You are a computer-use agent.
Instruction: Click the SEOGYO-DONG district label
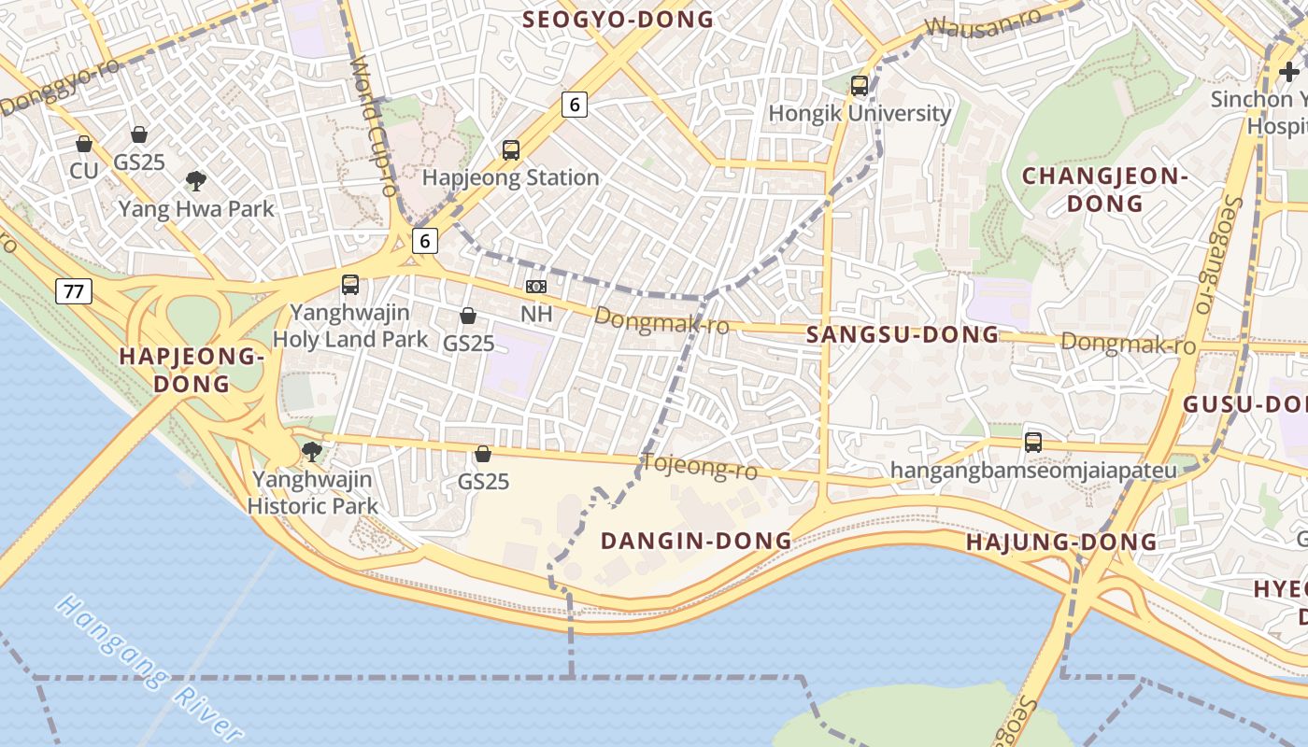click(618, 19)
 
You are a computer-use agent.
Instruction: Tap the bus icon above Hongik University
click(860, 86)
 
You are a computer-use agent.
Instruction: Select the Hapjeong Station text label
click(510, 177)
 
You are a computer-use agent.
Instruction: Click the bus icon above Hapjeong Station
click(510, 149)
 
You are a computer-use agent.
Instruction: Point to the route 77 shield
click(74, 291)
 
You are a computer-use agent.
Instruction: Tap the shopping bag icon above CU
click(84, 144)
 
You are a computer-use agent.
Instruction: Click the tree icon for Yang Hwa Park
click(196, 180)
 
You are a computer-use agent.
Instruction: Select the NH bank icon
click(536, 287)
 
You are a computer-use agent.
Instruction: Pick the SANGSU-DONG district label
click(903, 334)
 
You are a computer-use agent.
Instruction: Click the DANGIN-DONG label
click(696, 541)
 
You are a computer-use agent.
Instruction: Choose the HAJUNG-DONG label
click(1061, 542)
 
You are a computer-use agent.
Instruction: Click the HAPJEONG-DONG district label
click(192, 370)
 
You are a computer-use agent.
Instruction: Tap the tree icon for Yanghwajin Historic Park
click(312, 453)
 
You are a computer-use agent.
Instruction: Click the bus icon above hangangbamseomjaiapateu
click(1033, 443)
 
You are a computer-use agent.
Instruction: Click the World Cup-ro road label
click(375, 125)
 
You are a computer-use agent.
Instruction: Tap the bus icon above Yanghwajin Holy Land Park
click(350, 285)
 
